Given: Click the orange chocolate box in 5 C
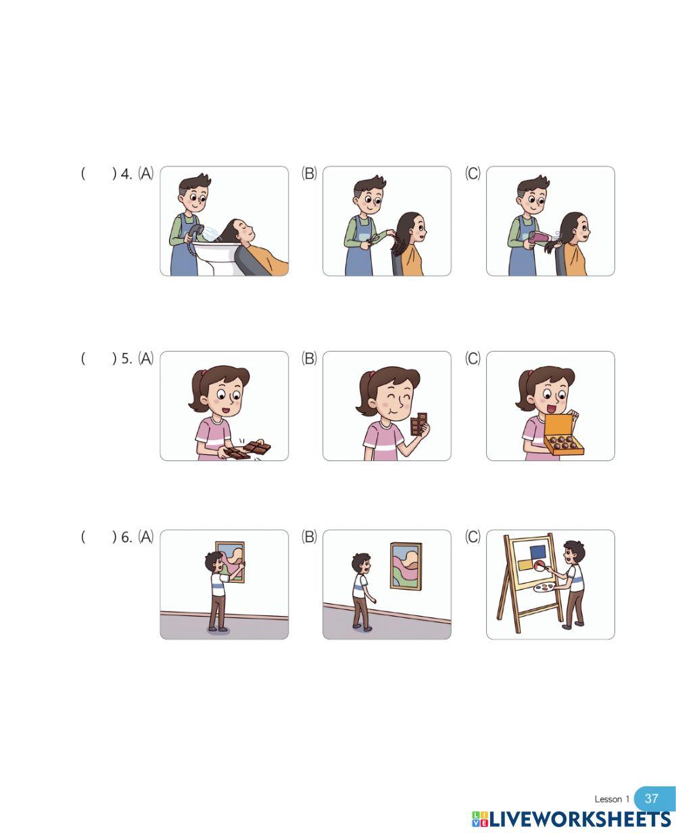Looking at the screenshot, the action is [563, 435].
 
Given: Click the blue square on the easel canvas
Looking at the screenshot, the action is [538, 552].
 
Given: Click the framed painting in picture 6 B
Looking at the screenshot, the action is [406, 566].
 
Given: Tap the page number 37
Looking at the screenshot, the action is [651, 799].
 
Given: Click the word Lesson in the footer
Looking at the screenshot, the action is [608, 799].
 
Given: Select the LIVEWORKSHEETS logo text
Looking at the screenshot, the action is [579, 819].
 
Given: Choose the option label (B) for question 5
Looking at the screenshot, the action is [309, 358].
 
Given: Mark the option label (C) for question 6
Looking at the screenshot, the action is [473, 537].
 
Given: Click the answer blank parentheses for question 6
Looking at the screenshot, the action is [99, 537].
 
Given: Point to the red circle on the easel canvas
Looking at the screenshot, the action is [539, 565].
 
